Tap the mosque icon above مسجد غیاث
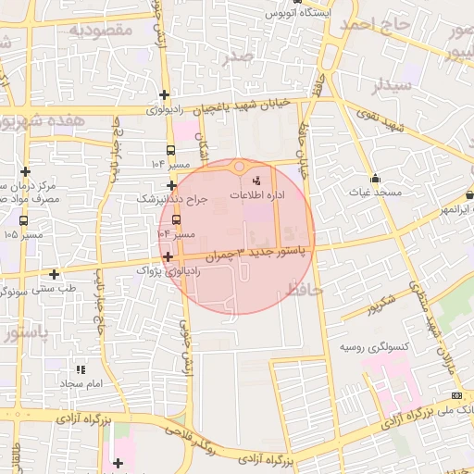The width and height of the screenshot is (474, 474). point(375,178)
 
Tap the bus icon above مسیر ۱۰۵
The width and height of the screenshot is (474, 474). point(23,220)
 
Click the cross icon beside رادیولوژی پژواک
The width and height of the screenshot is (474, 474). point(168,257)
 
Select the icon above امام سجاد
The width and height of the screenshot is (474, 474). point(81,368)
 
